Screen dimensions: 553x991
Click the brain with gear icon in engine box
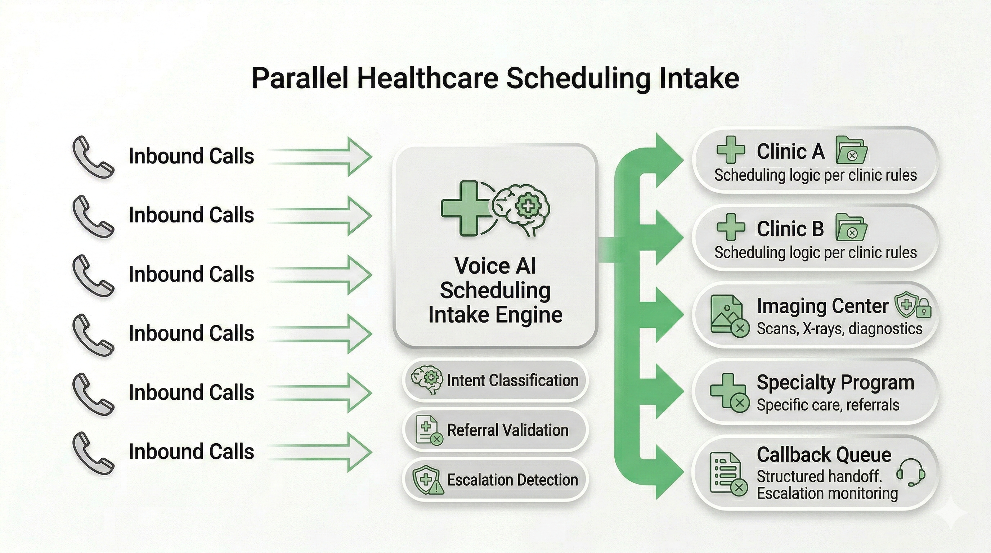(x=523, y=209)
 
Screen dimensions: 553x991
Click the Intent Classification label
(x=512, y=380)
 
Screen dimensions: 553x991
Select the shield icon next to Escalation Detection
(x=427, y=480)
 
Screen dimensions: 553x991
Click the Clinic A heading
(x=790, y=152)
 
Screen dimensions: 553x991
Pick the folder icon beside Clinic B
(x=851, y=228)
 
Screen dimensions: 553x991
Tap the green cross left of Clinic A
(x=731, y=150)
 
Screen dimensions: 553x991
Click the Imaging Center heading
(x=822, y=306)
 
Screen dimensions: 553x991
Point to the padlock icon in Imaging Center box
(x=924, y=309)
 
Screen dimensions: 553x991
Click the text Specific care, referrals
(x=828, y=405)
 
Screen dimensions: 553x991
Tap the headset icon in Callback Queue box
(x=911, y=472)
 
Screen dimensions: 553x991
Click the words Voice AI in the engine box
(x=495, y=266)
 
